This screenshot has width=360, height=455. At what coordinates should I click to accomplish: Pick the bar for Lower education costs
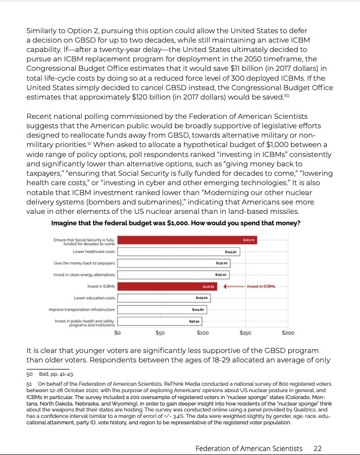click(x=164, y=298)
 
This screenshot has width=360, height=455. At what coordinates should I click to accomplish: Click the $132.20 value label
click(x=222, y=263)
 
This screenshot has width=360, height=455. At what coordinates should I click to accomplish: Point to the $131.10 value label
click(x=221, y=275)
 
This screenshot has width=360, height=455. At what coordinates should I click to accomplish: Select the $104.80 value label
click(x=198, y=309)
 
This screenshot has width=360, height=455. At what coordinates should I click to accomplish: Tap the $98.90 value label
click(x=194, y=321)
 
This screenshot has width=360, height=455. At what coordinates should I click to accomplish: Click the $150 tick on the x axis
click(x=245, y=333)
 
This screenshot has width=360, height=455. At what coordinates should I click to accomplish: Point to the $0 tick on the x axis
click(x=118, y=333)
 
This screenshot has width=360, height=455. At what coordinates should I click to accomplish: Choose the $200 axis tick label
click(x=287, y=333)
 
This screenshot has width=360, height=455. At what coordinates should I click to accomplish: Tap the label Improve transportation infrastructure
click(x=82, y=309)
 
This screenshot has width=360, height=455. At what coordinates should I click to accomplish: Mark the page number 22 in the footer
click(x=317, y=448)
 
